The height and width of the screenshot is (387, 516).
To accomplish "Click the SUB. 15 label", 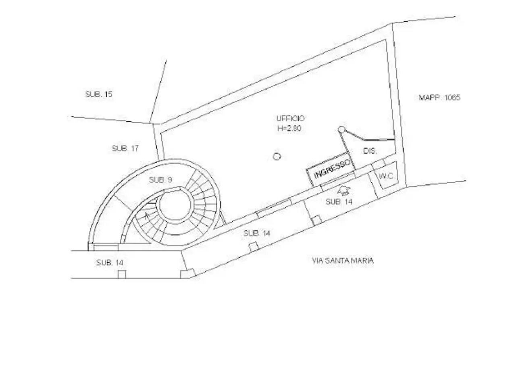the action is coord(98,94).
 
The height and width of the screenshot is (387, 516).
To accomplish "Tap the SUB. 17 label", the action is coord(125,148).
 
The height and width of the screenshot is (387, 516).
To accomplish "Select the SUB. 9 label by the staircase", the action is coord(160,180).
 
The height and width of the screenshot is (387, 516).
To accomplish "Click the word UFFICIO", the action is coord(290,118).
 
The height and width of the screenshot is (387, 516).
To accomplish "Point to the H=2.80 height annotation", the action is coord(289,128).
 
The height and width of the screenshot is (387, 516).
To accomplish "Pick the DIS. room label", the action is coord(370,151).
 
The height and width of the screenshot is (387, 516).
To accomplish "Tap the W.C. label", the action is coord(386,176).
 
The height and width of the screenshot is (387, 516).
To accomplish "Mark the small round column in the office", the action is coord(277,156).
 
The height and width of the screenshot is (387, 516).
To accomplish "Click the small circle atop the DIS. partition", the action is coord(341,129).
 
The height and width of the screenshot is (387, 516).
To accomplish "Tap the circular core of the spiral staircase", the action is coord(177,205).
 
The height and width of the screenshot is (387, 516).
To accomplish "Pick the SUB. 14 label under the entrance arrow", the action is coord(339,202).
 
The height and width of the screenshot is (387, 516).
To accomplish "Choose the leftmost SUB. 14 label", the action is coord(110,263).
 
